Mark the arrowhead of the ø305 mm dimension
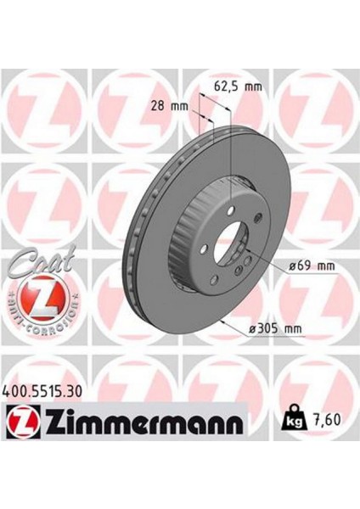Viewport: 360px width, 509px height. (222, 323)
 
